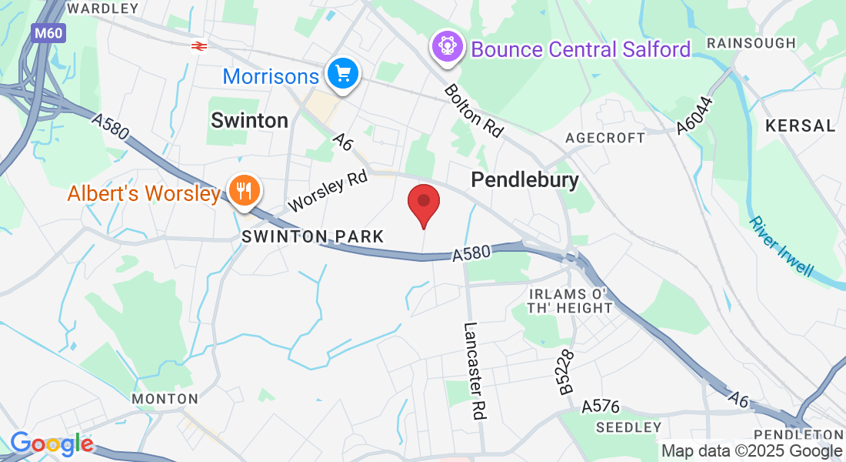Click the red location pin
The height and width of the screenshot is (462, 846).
[x=423, y=202]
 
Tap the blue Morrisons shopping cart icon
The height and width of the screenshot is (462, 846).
[x=342, y=74]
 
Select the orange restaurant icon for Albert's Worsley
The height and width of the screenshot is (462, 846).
[x=245, y=189]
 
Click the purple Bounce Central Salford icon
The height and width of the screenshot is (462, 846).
[x=447, y=47]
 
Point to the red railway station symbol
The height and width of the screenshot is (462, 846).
[x=198, y=46]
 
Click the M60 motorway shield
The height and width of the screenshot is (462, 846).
[x=48, y=33]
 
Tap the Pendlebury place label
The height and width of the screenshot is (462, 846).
[x=525, y=180]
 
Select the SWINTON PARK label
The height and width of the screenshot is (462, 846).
[x=312, y=236]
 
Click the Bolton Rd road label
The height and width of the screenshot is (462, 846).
[x=474, y=111]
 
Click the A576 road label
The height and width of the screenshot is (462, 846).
[x=600, y=406]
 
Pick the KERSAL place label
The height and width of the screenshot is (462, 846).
[x=800, y=126]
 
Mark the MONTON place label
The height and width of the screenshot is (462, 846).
[x=165, y=399]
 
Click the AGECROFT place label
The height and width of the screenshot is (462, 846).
[x=605, y=138]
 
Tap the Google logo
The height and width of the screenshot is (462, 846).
[x=52, y=444]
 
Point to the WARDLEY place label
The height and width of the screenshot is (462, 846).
[x=103, y=8]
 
